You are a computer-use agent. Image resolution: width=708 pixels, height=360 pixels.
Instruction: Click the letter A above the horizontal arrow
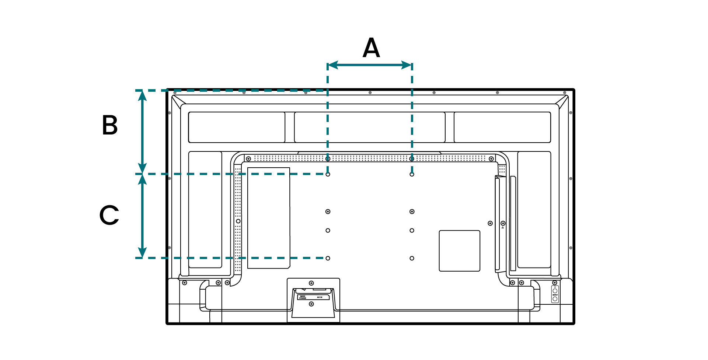[371, 48]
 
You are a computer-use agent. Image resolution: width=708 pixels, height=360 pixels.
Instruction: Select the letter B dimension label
[110, 125]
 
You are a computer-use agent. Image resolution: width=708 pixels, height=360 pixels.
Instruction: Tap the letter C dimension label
[109, 215]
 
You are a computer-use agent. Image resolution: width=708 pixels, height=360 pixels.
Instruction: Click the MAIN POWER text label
[303, 297]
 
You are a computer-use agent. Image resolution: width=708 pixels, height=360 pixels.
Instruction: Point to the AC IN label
[320, 297]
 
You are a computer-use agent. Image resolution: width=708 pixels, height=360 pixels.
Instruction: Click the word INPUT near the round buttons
[555, 295]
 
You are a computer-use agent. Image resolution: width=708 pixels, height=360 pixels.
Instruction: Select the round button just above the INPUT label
[555, 291]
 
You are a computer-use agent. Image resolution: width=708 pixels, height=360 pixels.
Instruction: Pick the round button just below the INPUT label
[555, 299]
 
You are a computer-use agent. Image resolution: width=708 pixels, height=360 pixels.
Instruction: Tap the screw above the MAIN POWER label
[311, 283]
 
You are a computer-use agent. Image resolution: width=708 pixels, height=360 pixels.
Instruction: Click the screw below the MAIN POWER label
[311, 304]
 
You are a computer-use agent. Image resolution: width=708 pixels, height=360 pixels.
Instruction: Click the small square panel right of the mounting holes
[459, 251]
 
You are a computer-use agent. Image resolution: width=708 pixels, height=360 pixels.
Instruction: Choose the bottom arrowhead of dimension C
[142, 254]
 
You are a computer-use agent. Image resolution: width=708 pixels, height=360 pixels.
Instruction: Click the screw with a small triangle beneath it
[503, 223]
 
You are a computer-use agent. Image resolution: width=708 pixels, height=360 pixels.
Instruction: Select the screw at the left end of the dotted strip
[248, 159]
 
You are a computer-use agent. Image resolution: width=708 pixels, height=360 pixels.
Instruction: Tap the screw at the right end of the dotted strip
[491, 159]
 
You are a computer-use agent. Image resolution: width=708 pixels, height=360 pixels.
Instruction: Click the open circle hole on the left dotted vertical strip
[238, 221]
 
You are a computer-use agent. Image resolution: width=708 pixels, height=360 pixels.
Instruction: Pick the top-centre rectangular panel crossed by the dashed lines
[370, 127]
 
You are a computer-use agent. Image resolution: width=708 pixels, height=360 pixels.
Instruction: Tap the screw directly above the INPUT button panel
[555, 283]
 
